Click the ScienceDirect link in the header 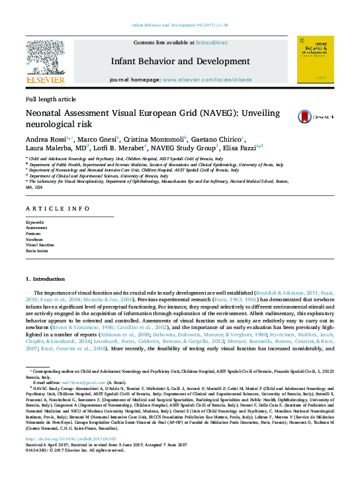click(212, 42)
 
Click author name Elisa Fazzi click(240, 150)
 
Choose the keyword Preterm click(33, 234)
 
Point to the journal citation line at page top click(180, 25)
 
